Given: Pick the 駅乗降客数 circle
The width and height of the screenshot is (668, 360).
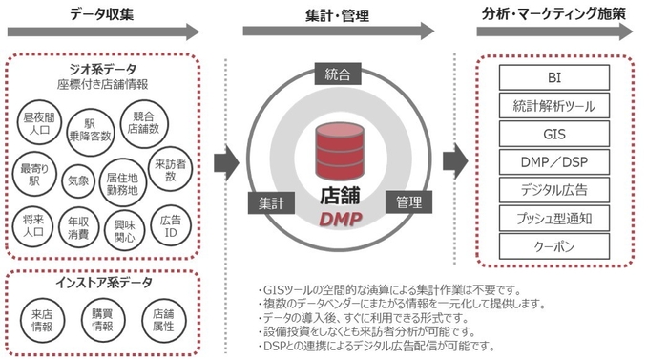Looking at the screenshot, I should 92,132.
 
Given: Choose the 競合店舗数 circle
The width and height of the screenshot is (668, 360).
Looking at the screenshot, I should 143,119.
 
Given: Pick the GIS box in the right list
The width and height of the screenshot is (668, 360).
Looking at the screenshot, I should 554,134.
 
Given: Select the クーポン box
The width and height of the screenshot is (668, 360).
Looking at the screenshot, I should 554,246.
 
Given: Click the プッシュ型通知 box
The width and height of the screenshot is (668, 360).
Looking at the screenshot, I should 554,219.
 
